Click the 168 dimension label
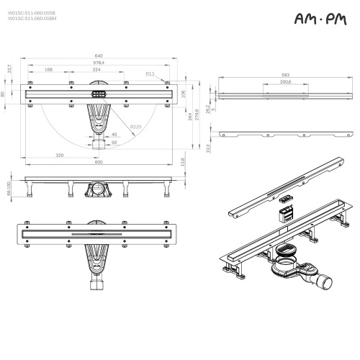pos(48,70)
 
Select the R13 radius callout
pos(150,73)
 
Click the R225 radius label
pos(135,127)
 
